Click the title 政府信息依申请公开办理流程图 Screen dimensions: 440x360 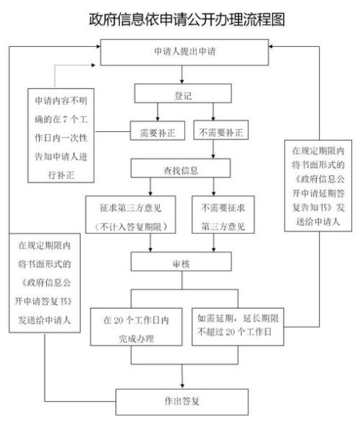[x=180, y=18]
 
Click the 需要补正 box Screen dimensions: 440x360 [x=153, y=133]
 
